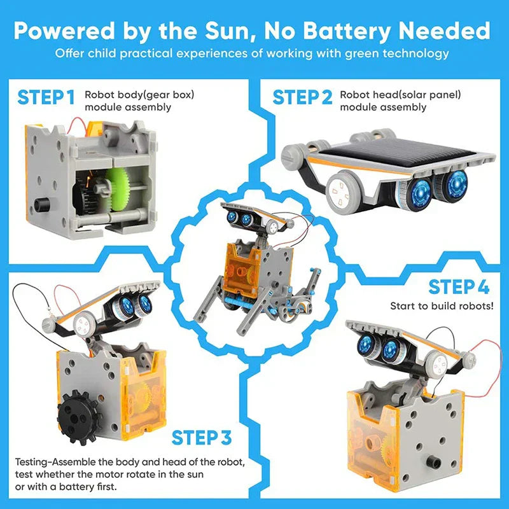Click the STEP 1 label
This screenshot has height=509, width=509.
pos(46,98)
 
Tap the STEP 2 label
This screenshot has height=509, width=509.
pos(302,98)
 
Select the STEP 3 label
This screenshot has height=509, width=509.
pos(202,438)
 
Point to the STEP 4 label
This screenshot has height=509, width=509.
pos(458,287)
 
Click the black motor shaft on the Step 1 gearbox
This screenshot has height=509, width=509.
pos(44,204)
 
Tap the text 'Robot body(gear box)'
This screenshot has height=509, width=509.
pos(139,95)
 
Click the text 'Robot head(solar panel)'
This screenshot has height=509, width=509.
pos(400,95)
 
